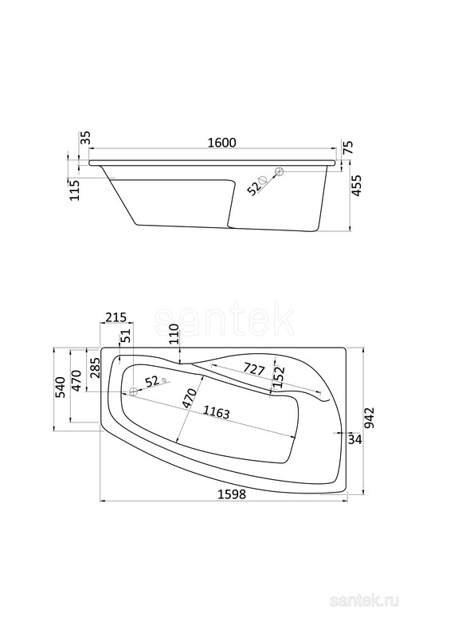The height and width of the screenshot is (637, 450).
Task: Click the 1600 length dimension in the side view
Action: click(221, 143)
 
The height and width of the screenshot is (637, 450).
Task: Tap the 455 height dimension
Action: click(356, 186)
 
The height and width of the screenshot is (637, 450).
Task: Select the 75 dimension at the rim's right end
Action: click(349, 146)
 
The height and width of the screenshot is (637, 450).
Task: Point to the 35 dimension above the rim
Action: click(85, 139)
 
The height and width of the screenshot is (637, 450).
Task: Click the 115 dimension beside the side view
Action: click(75, 190)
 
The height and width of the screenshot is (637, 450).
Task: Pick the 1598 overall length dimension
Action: click(232, 494)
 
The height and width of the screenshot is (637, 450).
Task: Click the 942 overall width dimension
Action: click(370, 419)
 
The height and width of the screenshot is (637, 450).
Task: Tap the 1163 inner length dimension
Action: click(217, 412)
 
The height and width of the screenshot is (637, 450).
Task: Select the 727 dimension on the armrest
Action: click(254, 369)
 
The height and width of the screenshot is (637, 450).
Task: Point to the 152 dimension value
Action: click(280, 376)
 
